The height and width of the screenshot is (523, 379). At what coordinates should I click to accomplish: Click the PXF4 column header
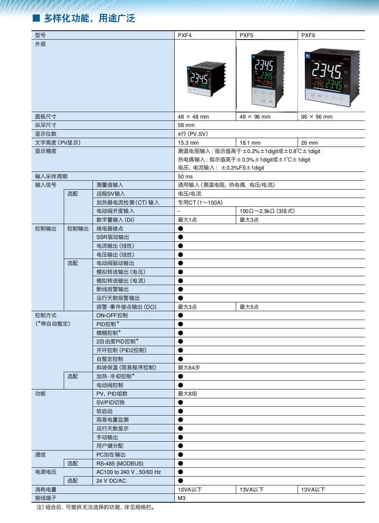185,35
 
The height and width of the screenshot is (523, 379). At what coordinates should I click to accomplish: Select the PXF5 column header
247,35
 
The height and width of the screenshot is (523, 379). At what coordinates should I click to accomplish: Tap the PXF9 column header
308,35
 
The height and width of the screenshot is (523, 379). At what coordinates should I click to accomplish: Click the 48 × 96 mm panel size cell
255,117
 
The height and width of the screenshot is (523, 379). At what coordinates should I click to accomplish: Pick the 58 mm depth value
186,125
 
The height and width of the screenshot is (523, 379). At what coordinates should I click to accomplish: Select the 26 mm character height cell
309,143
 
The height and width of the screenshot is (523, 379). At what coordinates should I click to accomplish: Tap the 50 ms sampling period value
185,177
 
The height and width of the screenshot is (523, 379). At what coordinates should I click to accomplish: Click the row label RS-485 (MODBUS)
120,464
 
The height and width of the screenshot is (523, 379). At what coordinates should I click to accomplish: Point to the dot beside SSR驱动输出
180,237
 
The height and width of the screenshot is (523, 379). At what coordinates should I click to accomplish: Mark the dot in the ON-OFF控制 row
180,315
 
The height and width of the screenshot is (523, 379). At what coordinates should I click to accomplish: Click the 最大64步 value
189,368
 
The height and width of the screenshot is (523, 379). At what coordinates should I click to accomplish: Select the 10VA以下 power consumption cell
190,490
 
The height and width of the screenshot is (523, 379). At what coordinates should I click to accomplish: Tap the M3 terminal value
182,498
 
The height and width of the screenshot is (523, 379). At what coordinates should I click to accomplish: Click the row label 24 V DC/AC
111,481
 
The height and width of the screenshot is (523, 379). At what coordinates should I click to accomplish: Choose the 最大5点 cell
249,307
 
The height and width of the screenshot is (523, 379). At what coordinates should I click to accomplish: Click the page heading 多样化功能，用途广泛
89,18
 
